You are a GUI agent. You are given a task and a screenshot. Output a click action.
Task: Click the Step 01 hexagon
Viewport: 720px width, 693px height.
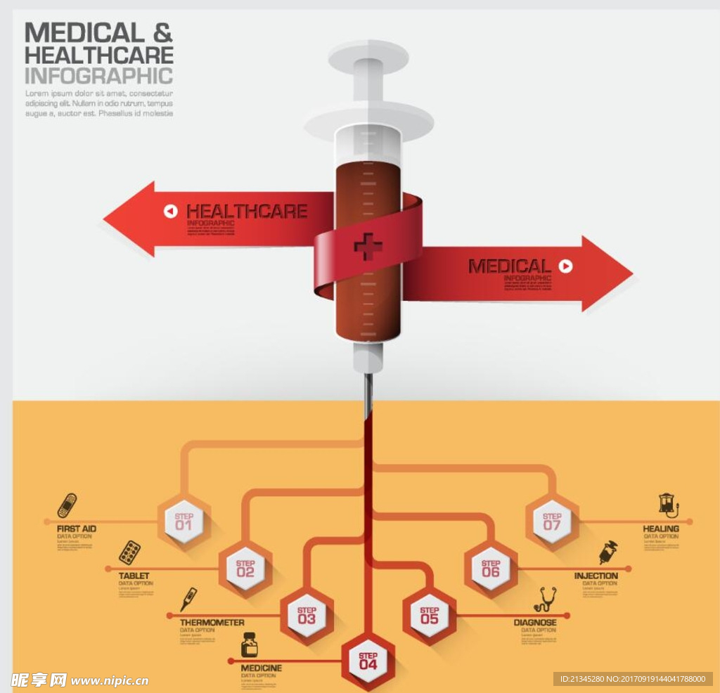tap(184, 521)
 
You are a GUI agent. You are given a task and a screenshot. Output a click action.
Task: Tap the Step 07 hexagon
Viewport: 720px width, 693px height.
tap(552, 521)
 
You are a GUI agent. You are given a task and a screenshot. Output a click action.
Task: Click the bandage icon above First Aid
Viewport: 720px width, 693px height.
tap(67, 505)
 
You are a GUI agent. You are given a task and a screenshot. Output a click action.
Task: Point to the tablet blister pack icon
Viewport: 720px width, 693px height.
tap(129, 552)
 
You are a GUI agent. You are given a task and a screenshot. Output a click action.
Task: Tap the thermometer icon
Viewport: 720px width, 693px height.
tap(188, 599)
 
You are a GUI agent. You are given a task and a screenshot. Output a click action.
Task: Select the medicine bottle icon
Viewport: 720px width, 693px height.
tap(249, 645)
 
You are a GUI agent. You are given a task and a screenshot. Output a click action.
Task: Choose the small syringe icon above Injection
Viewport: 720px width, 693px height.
tap(608, 552)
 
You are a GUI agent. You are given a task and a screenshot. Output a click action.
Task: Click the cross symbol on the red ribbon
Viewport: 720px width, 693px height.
tap(368, 246)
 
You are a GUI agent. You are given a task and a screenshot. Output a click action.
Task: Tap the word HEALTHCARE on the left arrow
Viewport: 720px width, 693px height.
tap(247, 211)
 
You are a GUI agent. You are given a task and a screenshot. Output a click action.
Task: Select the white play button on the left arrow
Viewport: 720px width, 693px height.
tap(171, 211)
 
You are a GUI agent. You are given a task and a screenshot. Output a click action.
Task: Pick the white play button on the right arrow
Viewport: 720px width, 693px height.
tap(565, 266)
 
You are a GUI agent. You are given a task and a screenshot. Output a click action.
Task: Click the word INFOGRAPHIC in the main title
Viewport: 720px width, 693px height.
tap(98, 76)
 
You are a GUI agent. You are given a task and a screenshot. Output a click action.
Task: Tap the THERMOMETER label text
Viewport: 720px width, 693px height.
tap(212, 623)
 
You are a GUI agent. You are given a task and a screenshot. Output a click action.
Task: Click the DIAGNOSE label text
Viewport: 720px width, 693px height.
tap(535, 623)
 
